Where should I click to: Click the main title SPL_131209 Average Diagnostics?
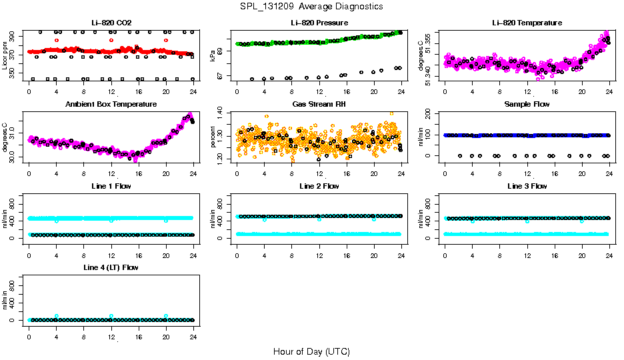(x=312, y=6)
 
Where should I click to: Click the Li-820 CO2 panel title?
(x=111, y=23)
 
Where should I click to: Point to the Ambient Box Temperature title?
(x=111, y=105)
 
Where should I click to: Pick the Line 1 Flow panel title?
(x=111, y=186)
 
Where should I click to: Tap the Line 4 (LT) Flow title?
(x=111, y=268)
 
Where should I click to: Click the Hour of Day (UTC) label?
(x=311, y=351)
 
